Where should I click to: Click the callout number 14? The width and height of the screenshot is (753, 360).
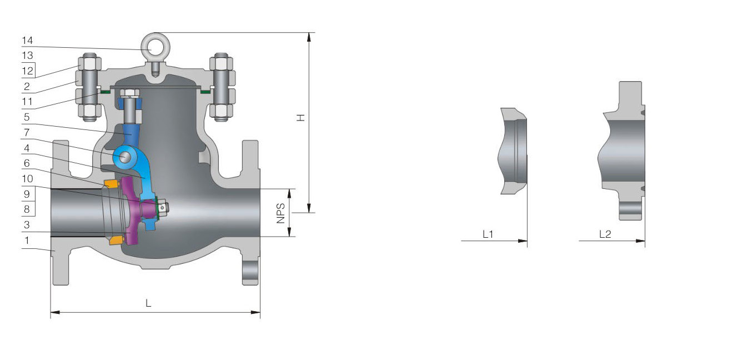point(27,41)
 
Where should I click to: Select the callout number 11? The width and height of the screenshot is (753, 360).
point(27,101)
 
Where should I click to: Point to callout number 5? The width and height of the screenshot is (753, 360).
point(27,117)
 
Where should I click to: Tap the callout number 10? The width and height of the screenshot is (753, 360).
point(28,178)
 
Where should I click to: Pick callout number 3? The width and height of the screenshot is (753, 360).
point(27,224)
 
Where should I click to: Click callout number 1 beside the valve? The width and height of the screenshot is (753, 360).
point(27,240)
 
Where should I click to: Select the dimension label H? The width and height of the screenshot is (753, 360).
point(301,117)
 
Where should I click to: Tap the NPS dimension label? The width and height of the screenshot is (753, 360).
point(280,213)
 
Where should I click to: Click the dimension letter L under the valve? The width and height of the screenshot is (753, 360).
point(148,303)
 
